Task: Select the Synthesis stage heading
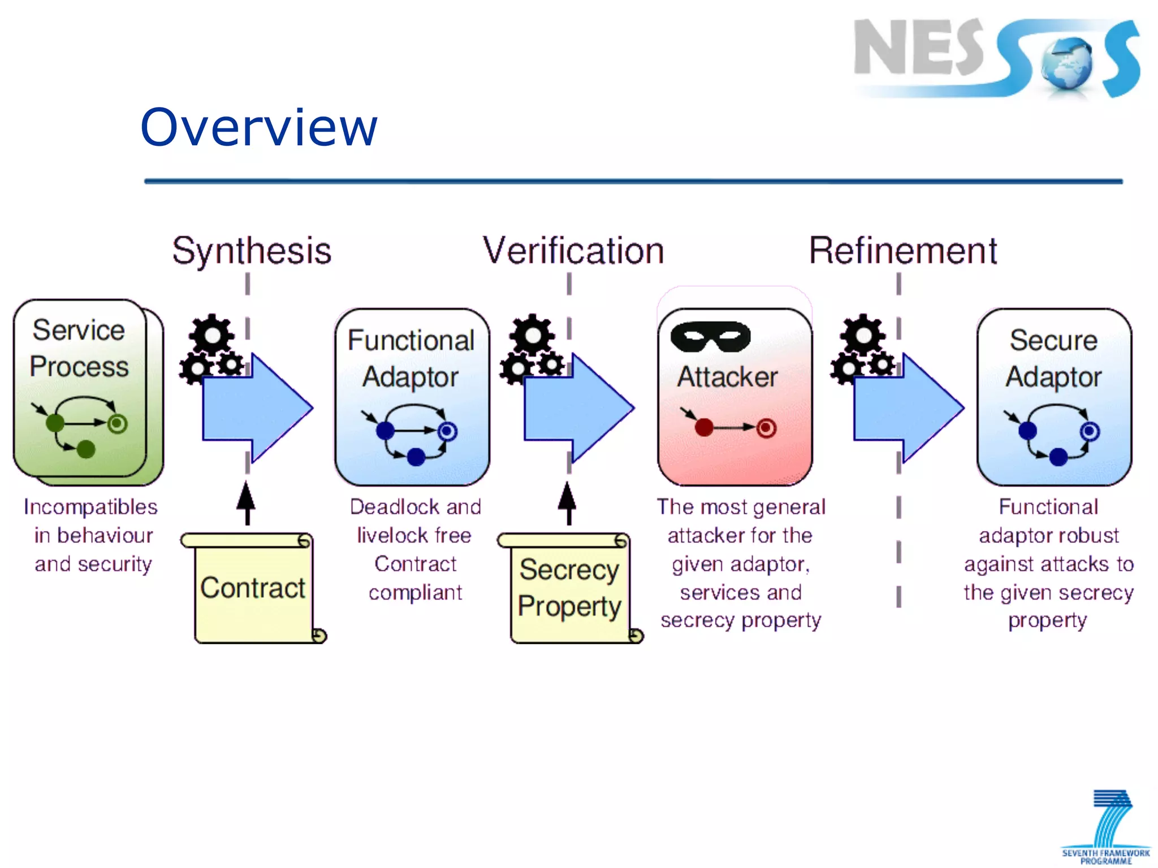tap(252, 251)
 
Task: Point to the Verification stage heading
tap(573, 251)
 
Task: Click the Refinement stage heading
tap(903, 251)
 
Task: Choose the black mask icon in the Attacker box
tap(710, 336)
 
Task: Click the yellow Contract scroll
tap(253, 588)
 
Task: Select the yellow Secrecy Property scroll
tap(570, 588)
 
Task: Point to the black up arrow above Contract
tap(246, 502)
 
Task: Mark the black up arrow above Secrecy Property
tap(568, 502)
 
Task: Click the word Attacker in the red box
tap(727, 377)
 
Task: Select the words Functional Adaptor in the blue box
tap(411, 358)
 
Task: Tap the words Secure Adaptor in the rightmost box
tap(1053, 358)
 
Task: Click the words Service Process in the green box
tap(79, 348)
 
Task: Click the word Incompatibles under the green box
tap(90, 507)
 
